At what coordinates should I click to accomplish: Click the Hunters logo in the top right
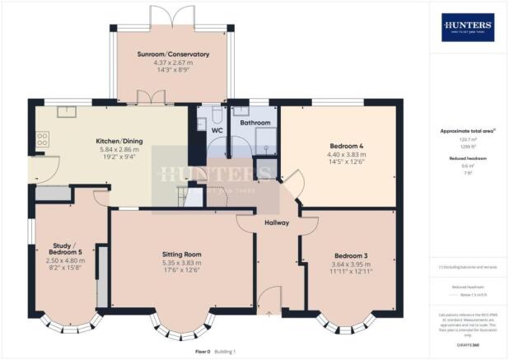[x=468, y=27]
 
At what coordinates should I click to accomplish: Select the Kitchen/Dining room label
[x=119, y=142]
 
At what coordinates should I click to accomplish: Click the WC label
[x=217, y=130]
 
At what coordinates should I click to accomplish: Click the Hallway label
[x=277, y=223]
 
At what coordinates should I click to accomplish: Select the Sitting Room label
[x=181, y=255]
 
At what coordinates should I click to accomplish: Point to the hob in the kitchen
[x=41, y=143]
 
